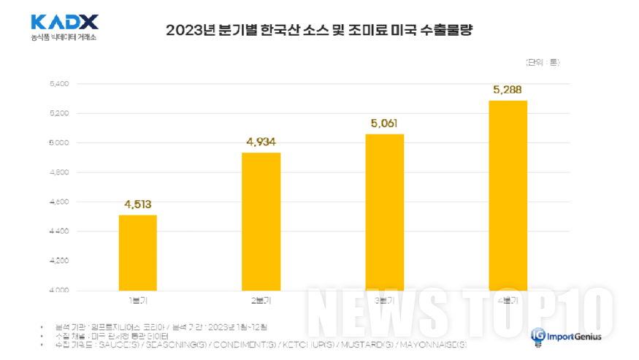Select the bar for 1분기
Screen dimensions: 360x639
click(x=137, y=253)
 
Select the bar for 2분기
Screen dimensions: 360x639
click(x=261, y=221)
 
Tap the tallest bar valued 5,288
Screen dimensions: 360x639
click(x=508, y=195)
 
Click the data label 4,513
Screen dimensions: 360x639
click(x=137, y=204)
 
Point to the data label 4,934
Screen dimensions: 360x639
click(x=261, y=142)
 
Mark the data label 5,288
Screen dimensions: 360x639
click(x=508, y=90)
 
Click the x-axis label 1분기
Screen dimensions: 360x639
click(x=137, y=300)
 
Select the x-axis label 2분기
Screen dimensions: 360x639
click(x=261, y=300)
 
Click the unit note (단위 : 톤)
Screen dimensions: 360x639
click(x=540, y=62)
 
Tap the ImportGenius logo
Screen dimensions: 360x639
click(x=568, y=336)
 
